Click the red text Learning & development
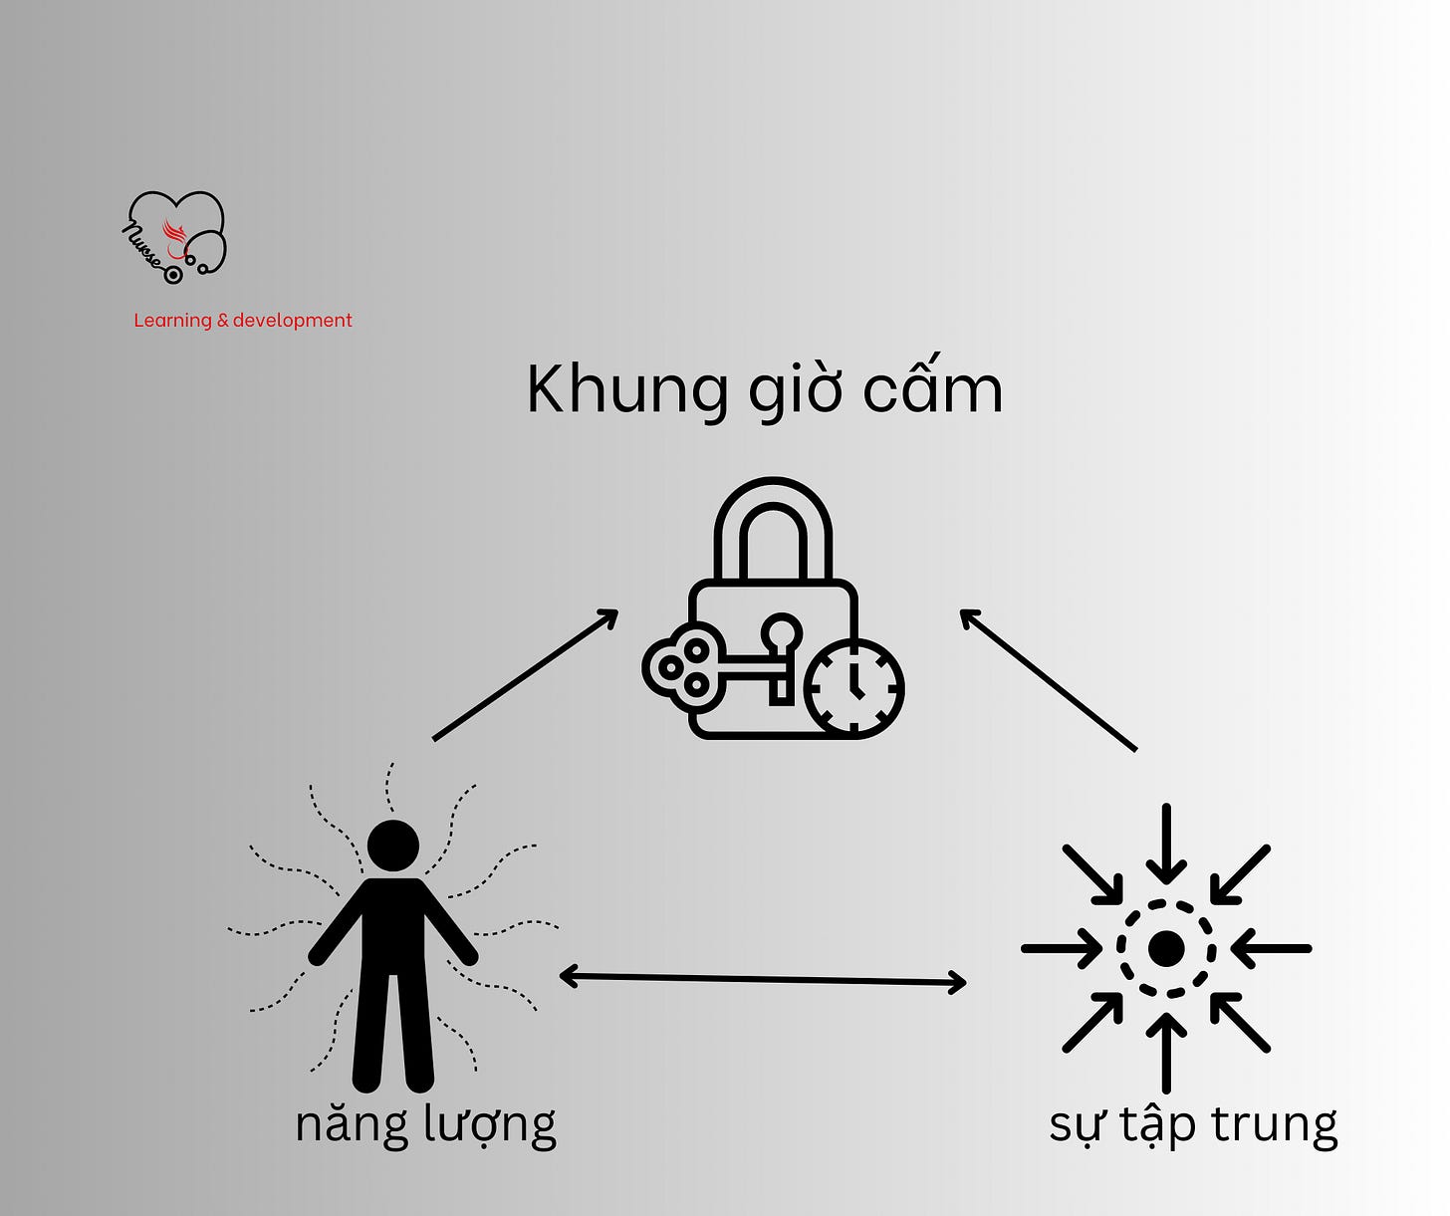(243, 321)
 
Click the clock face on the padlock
(853, 688)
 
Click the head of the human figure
(393, 846)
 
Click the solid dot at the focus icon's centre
(1166, 949)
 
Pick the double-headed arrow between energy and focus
(763, 979)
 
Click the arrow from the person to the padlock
(526, 674)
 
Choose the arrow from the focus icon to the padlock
(1048, 679)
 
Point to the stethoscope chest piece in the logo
(173, 274)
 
